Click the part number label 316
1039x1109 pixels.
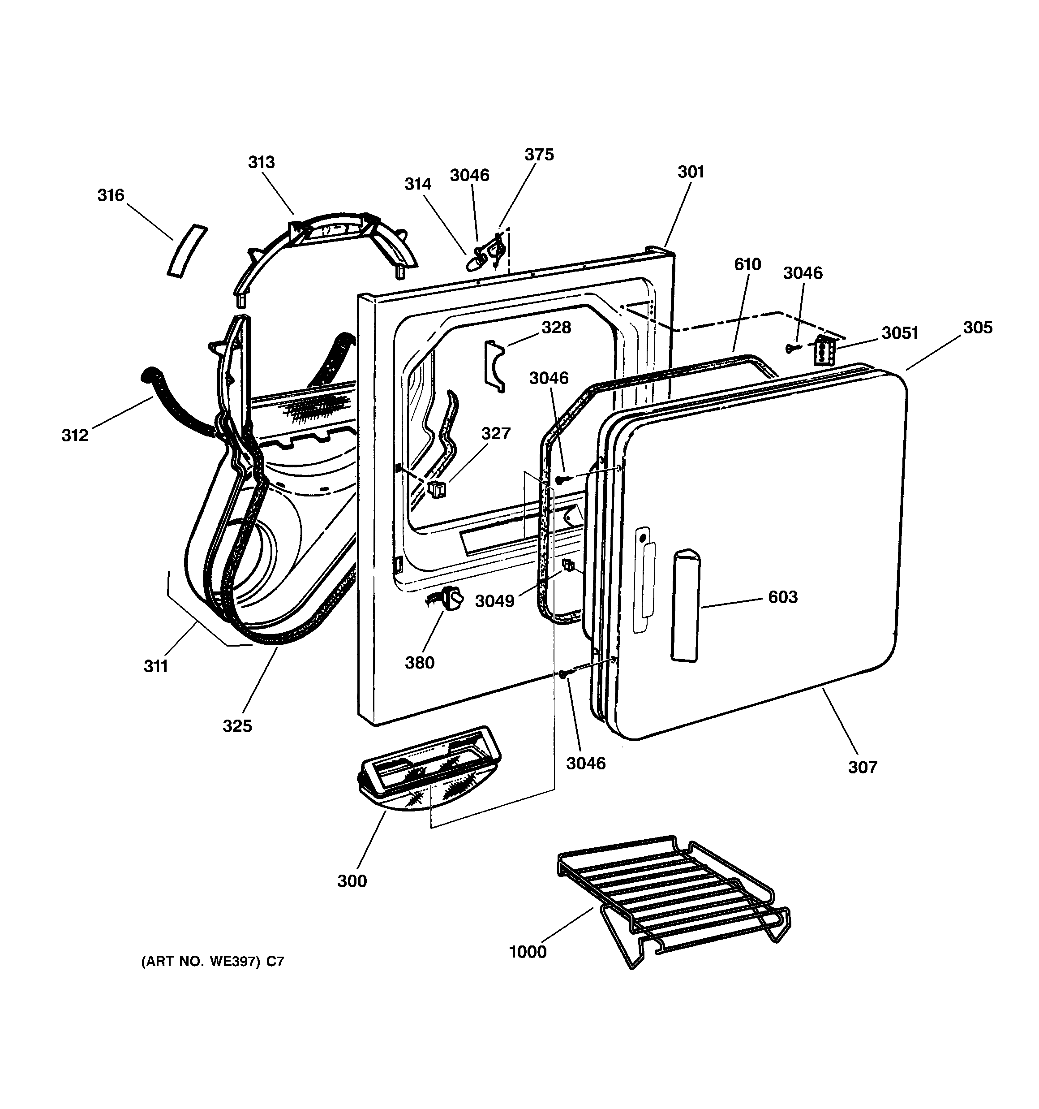coord(111,195)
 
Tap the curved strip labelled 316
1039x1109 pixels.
coord(187,250)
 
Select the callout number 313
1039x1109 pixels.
coord(261,162)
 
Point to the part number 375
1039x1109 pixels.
coord(539,155)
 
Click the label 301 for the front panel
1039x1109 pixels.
coord(691,172)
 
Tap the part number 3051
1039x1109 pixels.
coord(900,332)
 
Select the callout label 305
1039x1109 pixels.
coord(978,327)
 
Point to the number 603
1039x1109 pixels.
coord(782,597)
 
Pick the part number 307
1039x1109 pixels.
coord(862,767)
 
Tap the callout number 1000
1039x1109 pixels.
coord(528,952)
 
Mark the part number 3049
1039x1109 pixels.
coord(494,601)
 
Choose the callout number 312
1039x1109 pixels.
coord(75,435)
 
